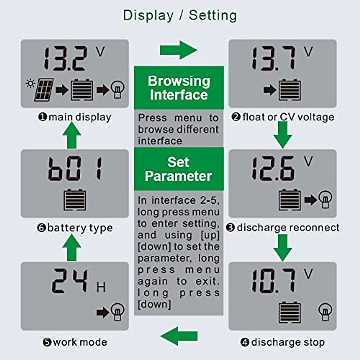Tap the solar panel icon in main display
pyautogui.click(x=44, y=89)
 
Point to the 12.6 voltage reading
pyautogui.click(x=273, y=169)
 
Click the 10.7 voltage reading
pyautogui.click(x=273, y=281)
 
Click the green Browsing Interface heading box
pyautogui.click(x=179, y=88)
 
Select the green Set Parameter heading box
pyautogui.click(x=179, y=169)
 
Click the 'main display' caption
pyautogui.click(x=75, y=117)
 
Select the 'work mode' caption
pyautogui.click(x=75, y=342)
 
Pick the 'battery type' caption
pyautogui.click(x=75, y=228)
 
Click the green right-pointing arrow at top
pyautogui.click(x=179, y=50)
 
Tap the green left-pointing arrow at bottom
pyautogui.click(x=179, y=336)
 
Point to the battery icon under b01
pyautogui.click(x=75, y=199)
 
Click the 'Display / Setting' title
pyautogui.click(x=180, y=15)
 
